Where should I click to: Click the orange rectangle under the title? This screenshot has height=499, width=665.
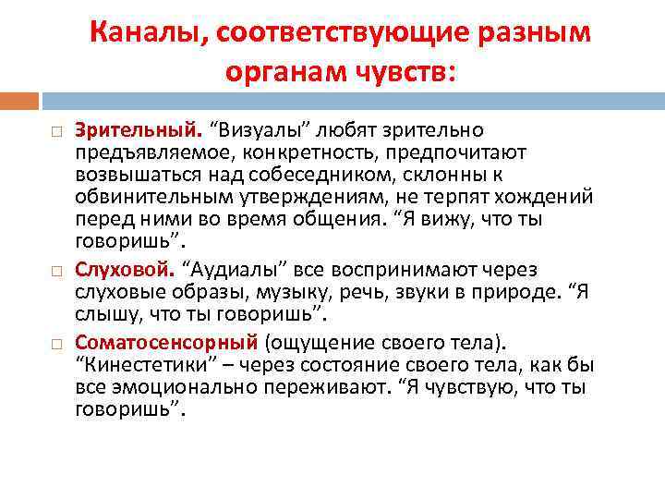(19, 99)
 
